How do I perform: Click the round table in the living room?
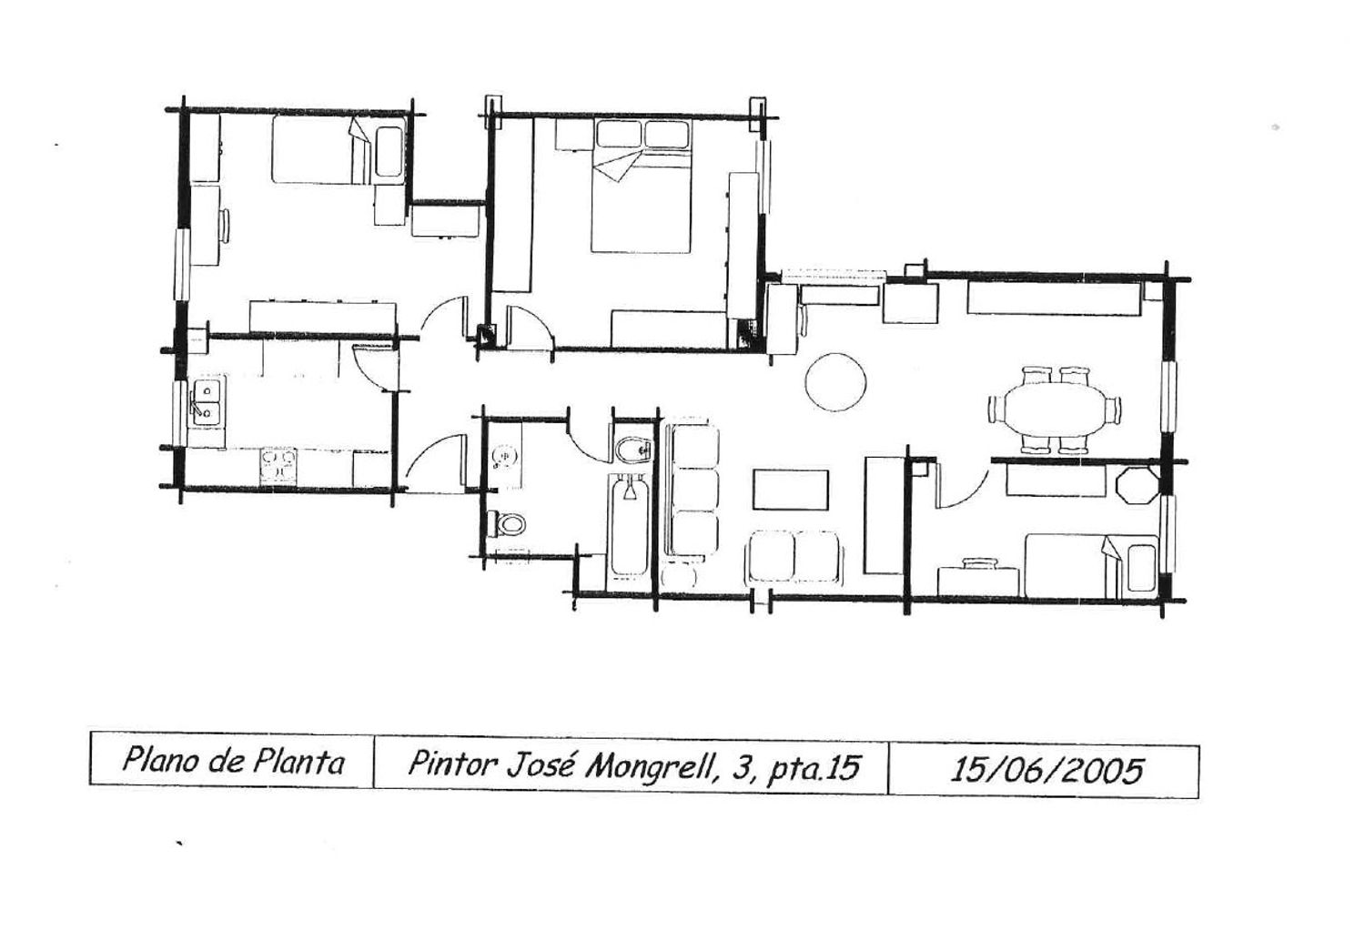click(x=835, y=382)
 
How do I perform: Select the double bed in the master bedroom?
click(x=642, y=186)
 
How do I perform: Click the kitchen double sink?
click(x=206, y=402)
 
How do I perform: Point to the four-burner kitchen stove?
click(x=278, y=466)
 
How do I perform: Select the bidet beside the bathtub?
click(x=633, y=450)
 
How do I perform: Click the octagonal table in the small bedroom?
click(x=1137, y=485)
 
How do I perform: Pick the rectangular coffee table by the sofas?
click(x=791, y=490)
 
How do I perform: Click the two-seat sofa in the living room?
click(x=794, y=556)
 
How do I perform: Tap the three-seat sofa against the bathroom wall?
click(x=693, y=491)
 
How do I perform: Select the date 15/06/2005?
click(x=1046, y=770)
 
